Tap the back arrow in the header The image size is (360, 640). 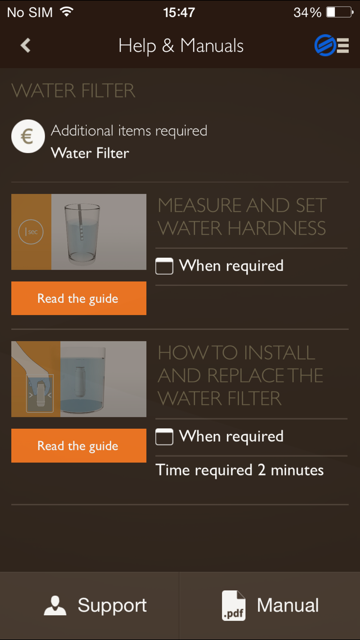coord(26,45)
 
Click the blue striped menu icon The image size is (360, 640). coord(332,45)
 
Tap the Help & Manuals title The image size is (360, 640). coord(181,46)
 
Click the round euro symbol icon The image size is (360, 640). coord(28,136)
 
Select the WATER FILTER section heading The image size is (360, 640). coord(73,90)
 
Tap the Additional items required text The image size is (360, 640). coord(129,131)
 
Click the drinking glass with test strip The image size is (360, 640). coord(82,233)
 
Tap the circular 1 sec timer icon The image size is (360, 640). coord(31,232)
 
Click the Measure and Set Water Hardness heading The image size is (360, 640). coord(242,217)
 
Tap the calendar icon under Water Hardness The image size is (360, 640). coord(164,266)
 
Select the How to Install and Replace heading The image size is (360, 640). coord(240,375)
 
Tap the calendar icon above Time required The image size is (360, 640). coord(164,437)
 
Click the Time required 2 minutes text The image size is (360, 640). coord(239,470)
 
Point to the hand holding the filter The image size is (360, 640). coord(32,374)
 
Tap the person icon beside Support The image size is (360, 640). coord(55,605)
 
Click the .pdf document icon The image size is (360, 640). coord(234,605)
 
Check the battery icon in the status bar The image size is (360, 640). coord(339,12)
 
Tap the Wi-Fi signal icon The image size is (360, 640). coord(67,12)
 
